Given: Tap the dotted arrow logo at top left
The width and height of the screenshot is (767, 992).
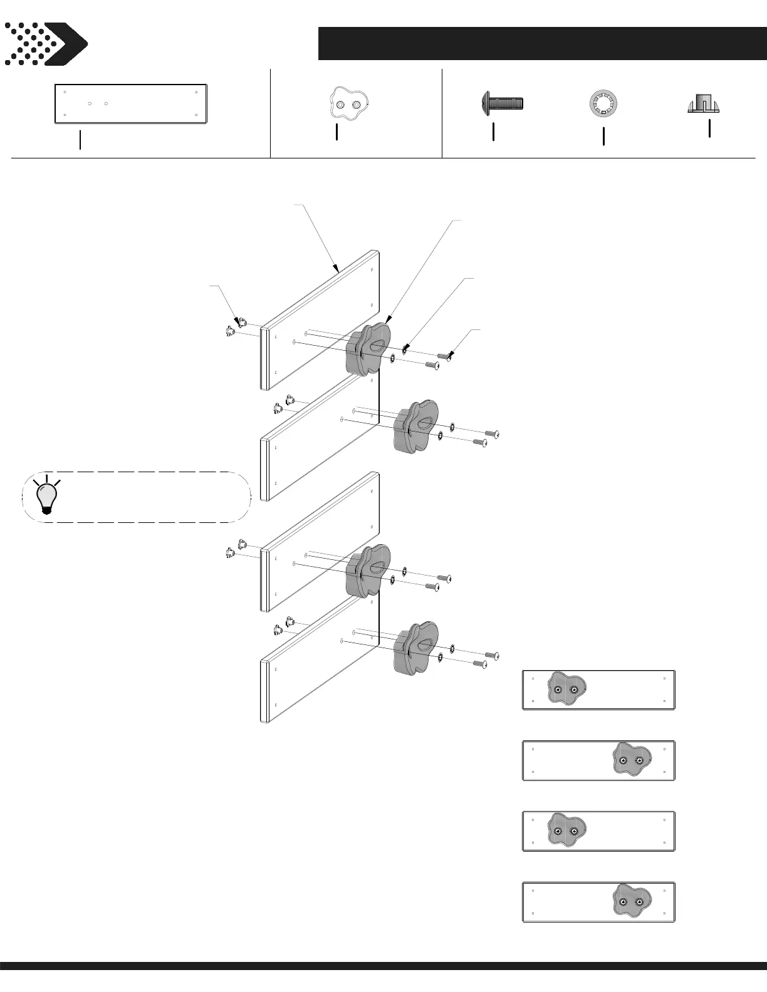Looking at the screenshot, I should pos(45,44).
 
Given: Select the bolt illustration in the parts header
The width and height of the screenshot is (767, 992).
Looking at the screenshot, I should pos(502,103).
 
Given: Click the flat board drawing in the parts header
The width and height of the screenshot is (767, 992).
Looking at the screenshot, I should pos(131,103).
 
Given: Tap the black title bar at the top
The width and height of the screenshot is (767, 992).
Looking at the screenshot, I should pos(542,43).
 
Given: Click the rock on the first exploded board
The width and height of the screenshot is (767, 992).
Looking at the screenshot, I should pos(368,349).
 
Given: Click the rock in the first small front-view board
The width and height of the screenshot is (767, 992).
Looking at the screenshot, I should pos(566,690).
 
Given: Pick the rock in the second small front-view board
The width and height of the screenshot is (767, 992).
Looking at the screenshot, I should pos(631,760).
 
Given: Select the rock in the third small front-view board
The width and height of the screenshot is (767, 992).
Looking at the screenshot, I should pos(566,831).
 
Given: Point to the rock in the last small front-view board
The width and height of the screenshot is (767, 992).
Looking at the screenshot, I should pos(631,902).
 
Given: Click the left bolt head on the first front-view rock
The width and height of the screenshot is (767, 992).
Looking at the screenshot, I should pos(558,690).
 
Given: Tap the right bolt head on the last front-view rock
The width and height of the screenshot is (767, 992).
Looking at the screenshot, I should pos(639,902).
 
